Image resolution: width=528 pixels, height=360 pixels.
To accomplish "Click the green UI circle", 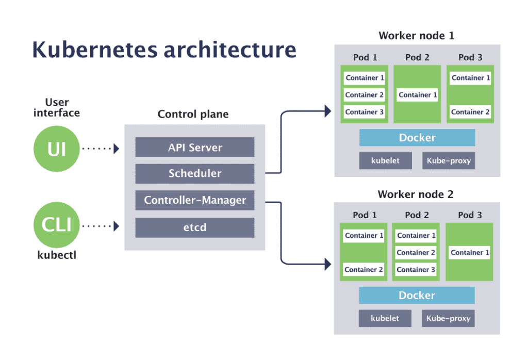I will click(56, 149).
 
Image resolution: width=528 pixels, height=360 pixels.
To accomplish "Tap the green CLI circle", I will click(56, 225).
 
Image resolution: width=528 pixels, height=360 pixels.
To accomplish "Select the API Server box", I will click(195, 148).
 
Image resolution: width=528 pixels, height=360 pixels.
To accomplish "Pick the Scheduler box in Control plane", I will click(195, 174).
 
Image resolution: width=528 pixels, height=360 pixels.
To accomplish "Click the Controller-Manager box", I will click(195, 200).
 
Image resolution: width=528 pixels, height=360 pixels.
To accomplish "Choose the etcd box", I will click(195, 227).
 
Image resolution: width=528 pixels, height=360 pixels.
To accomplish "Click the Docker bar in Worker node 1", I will click(417, 138).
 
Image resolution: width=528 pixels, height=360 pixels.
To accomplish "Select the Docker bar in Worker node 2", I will click(417, 296).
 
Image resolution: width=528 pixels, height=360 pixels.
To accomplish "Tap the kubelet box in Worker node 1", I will click(385, 161).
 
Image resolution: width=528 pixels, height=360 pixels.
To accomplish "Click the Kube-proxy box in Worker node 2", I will click(448, 318).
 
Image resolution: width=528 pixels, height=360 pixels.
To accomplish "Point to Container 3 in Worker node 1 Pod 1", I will click(365, 112).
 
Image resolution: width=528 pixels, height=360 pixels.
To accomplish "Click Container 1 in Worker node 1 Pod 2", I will click(418, 95).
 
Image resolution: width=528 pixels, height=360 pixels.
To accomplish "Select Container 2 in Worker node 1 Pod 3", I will click(470, 112).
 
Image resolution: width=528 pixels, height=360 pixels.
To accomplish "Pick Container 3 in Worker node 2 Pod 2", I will click(416, 270).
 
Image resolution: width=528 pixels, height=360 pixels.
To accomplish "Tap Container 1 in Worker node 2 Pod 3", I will click(470, 253).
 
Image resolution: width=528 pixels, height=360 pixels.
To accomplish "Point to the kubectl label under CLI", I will click(57, 255).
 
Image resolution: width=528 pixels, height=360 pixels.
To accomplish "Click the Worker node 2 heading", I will click(416, 194).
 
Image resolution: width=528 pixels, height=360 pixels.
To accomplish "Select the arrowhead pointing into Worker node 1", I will click(327, 110).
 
